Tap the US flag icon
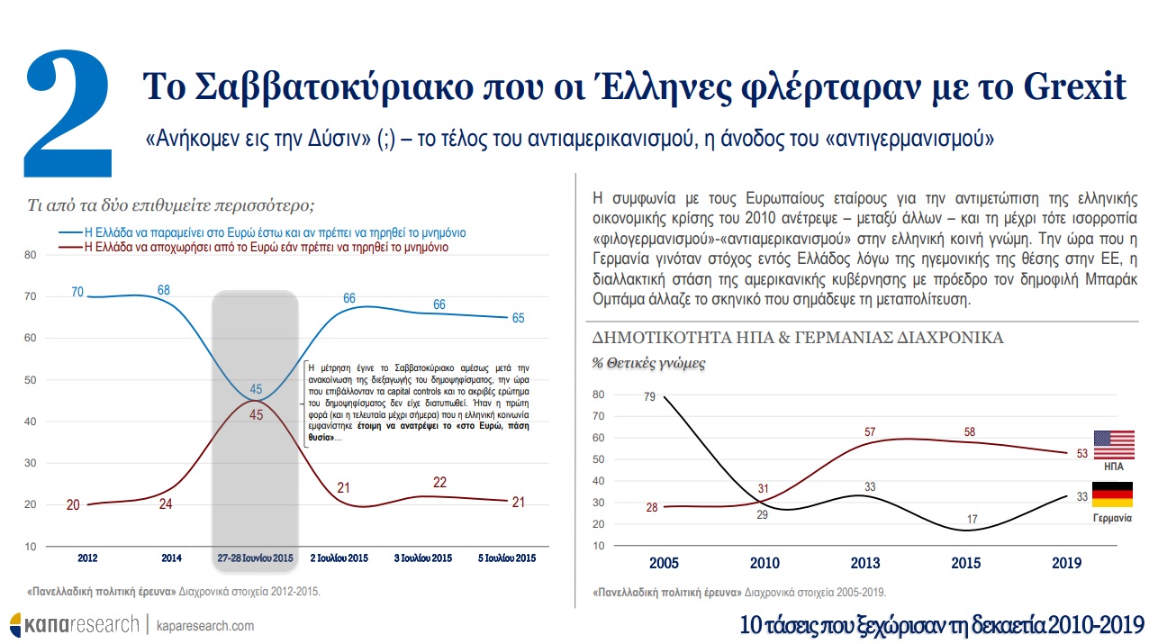[1112, 446]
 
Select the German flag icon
[1112, 494]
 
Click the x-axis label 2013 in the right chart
[867, 563]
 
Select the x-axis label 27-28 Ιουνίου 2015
[256, 558]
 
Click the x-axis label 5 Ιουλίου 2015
[507, 558]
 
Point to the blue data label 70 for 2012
[77, 292]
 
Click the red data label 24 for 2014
[167, 504]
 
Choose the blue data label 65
[518, 318]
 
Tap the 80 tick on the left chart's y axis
[30, 255]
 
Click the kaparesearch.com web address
[205, 625]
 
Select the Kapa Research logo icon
[15, 624]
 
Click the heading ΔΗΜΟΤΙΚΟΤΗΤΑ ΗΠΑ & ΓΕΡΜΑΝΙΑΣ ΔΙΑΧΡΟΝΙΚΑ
[797, 338]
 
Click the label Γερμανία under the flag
[1112, 520]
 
